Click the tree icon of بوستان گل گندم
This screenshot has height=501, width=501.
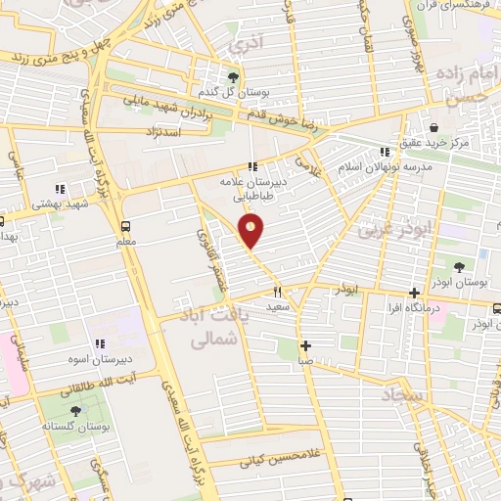pyautogui.click(x=233, y=77)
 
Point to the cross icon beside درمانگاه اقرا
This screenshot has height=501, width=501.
pyautogui.click(x=415, y=292)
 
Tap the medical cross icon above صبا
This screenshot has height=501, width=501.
pyautogui.click(x=306, y=345)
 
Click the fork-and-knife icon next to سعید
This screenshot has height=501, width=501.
pyautogui.click(x=278, y=291)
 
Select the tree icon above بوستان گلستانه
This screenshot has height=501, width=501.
pyautogui.click(x=76, y=412)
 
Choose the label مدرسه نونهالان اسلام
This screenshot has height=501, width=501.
pyautogui.click(x=384, y=165)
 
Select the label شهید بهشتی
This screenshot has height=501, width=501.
pyautogui.click(x=60, y=204)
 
